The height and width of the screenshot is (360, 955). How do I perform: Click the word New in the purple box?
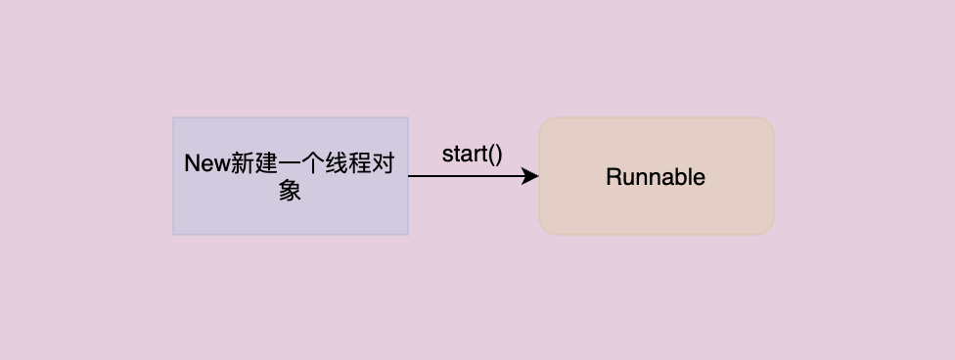[206, 163]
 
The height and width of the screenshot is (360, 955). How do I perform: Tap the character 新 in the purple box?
[240, 163]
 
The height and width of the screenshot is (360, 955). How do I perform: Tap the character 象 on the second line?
[290, 190]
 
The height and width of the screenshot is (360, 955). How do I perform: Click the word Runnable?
[656, 177]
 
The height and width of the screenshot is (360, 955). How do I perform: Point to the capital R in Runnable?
[613, 177]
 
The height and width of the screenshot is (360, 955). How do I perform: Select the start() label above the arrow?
[472, 154]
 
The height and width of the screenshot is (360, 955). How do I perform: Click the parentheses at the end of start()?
[495, 154]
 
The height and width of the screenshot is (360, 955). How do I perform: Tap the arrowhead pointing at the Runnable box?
[531, 176]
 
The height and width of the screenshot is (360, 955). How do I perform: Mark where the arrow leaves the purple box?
[409, 176]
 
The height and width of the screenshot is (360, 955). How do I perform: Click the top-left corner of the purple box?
[174, 118]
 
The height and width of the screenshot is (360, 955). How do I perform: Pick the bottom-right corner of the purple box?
[407, 234]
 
